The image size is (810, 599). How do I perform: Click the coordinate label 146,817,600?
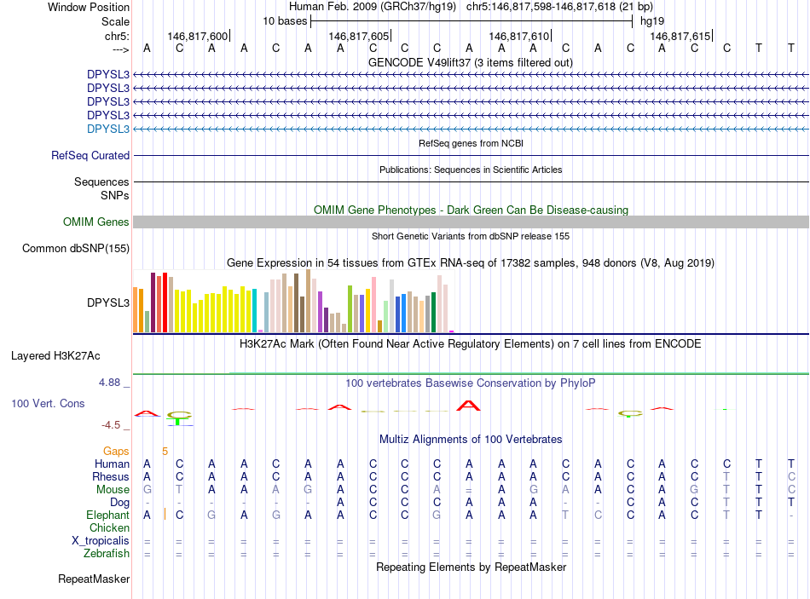click(198, 36)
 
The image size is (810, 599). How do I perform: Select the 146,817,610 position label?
click(519, 36)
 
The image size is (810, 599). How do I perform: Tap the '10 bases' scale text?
click(285, 20)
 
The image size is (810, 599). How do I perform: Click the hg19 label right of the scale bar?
click(652, 20)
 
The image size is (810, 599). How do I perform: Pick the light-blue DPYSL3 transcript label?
click(108, 129)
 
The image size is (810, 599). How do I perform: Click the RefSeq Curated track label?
click(90, 156)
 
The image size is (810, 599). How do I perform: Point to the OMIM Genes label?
click(96, 222)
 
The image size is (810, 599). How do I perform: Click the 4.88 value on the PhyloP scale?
click(110, 383)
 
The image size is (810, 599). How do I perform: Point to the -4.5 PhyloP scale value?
click(111, 424)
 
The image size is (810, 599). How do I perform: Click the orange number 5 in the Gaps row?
click(165, 451)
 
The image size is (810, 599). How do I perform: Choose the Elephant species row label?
click(107, 515)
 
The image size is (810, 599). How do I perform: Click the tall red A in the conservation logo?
click(468, 405)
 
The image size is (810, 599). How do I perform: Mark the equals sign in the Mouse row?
click(468, 490)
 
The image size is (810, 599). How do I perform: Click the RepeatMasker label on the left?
click(94, 579)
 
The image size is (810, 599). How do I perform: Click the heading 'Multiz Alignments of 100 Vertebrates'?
click(471, 439)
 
